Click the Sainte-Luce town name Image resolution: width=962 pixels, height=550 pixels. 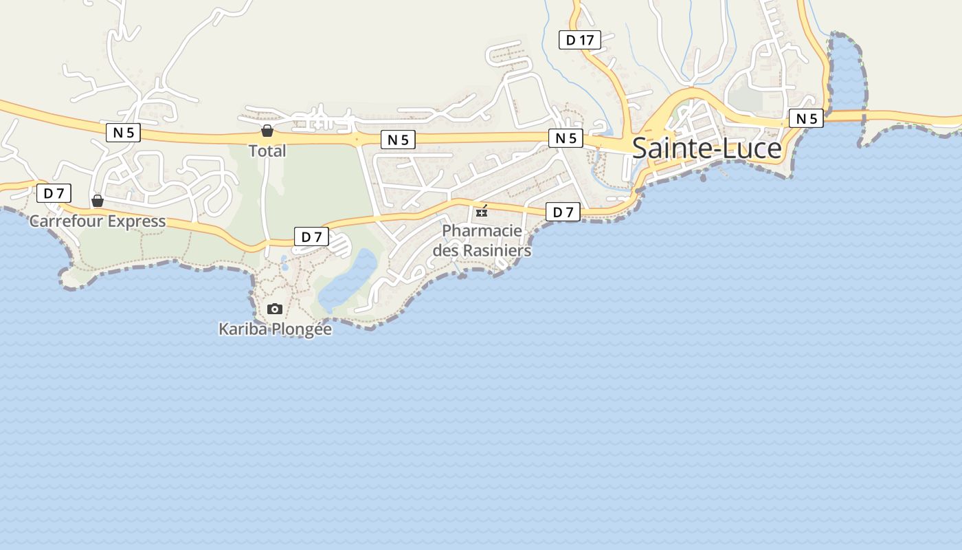click(x=706, y=148)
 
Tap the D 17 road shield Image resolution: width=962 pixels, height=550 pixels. click(x=579, y=40)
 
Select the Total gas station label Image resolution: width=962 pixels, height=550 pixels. click(x=267, y=151)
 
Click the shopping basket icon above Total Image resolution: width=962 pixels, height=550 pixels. click(x=267, y=131)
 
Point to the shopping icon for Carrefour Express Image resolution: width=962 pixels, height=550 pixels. click(x=98, y=201)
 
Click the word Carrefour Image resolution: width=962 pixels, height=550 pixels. click(x=66, y=221)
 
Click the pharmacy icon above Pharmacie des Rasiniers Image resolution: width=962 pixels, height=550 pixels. click(x=482, y=211)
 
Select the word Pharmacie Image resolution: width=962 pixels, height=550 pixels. click(x=482, y=230)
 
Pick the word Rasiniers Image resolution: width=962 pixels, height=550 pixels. click(x=497, y=251)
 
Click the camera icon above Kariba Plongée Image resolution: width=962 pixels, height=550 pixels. click(x=275, y=309)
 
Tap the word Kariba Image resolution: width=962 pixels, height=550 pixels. click(x=243, y=329)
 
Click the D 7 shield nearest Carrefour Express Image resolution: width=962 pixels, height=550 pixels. click(x=54, y=193)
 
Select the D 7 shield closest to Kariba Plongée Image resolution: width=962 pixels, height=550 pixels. click(x=311, y=237)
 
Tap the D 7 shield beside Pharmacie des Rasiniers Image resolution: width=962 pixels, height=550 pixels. click(x=563, y=212)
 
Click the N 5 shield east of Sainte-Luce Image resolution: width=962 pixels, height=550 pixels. click(x=806, y=118)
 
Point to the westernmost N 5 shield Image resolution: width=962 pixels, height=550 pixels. click(x=123, y=132)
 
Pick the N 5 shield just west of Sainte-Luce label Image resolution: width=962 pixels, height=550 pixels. click(x=566, y=138)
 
